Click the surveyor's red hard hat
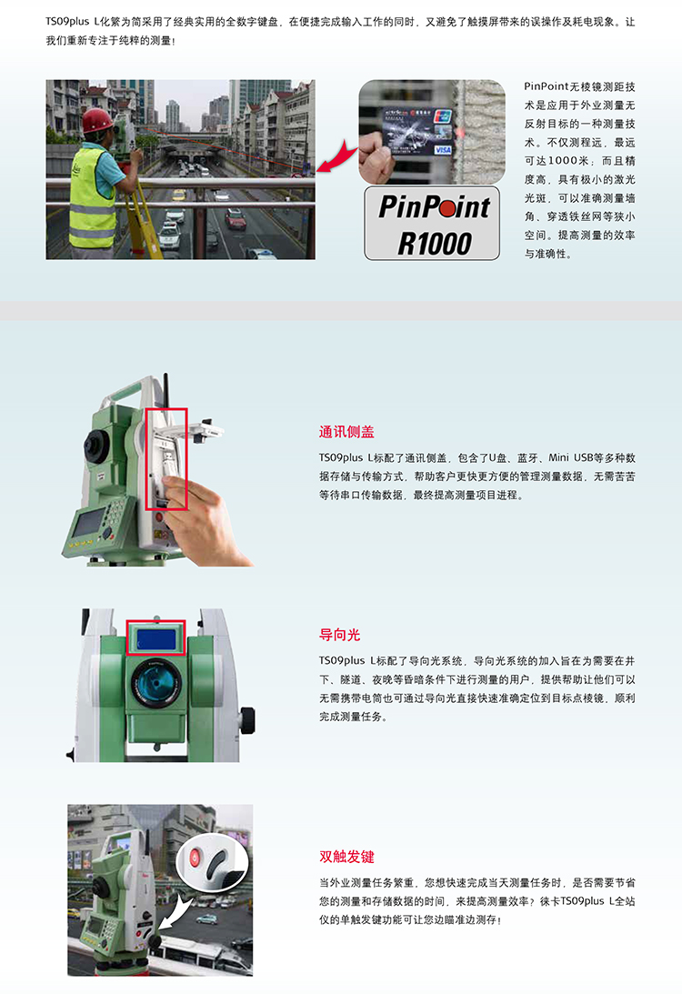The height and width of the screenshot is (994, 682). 97,120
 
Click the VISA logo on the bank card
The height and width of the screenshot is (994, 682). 443,150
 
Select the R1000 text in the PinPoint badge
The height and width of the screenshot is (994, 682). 434,244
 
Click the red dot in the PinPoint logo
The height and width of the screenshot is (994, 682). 446,208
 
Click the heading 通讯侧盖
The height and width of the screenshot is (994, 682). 346,432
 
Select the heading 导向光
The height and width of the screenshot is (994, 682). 340,635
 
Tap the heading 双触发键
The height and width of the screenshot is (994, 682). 346,857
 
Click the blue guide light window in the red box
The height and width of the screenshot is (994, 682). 155,639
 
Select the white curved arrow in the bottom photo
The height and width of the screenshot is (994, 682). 175,911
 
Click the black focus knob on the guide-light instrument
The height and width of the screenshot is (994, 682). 248,720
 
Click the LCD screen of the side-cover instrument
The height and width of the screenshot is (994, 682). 89,522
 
